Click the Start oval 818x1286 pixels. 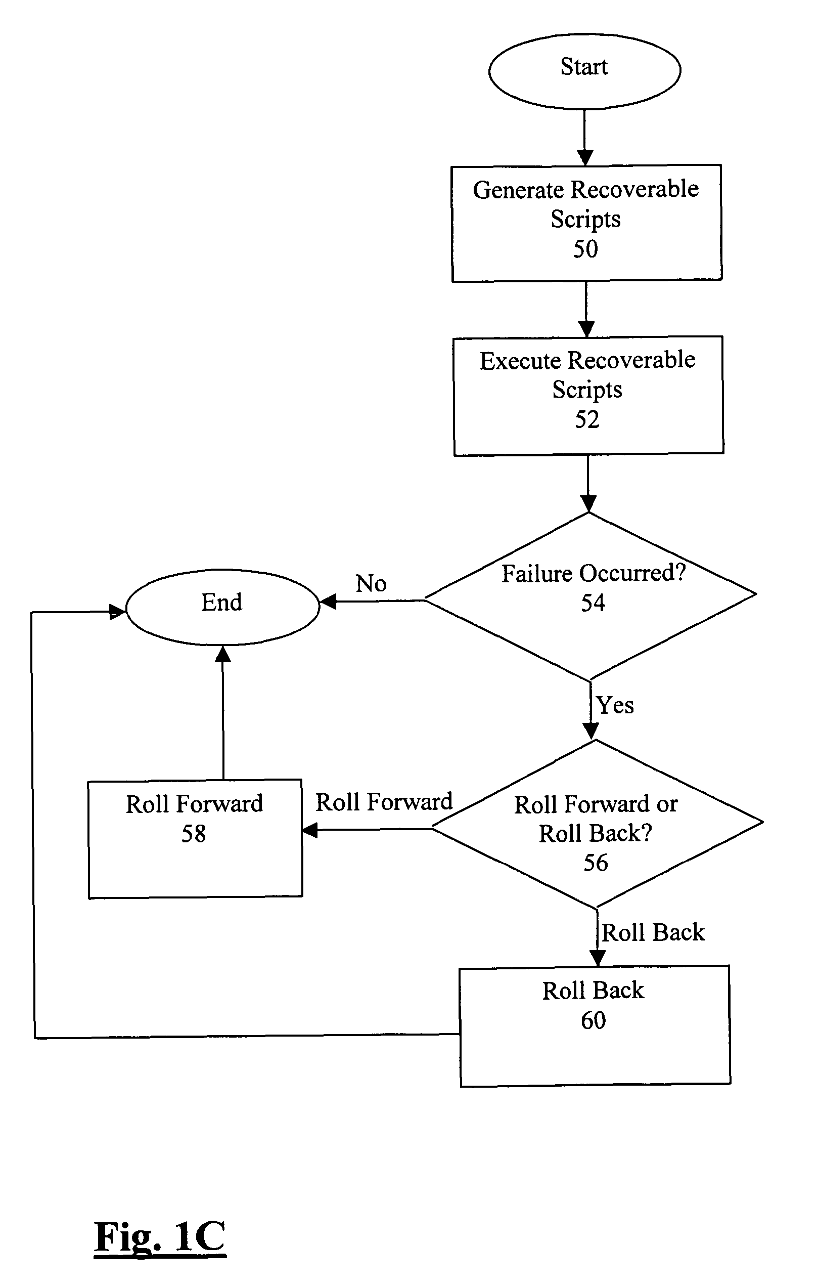[x=584, y=70]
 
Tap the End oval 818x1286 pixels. [x=222, y=607]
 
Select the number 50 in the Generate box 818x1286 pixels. [x=585, y=249]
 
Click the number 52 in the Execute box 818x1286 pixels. [x=587, y=419]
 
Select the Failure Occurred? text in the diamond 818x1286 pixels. [x=594, y=574]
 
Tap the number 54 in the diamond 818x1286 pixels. [x=593, y=603]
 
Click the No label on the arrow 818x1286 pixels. [x=371, y=583]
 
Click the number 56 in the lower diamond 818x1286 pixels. [x=596, y=863]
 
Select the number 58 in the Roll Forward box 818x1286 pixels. [x=193, y=834]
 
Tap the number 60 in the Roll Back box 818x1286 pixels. [x=593, y=1020]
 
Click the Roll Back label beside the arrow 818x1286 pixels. [x=653, y=932]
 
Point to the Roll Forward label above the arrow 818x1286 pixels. [x=384, y=802]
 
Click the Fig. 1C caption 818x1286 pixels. [x=160, y=1237]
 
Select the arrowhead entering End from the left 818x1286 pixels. [x=117, y=612]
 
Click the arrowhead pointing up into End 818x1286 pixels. [x=222, y=654]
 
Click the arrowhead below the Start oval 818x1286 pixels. [x=585, y=157]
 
